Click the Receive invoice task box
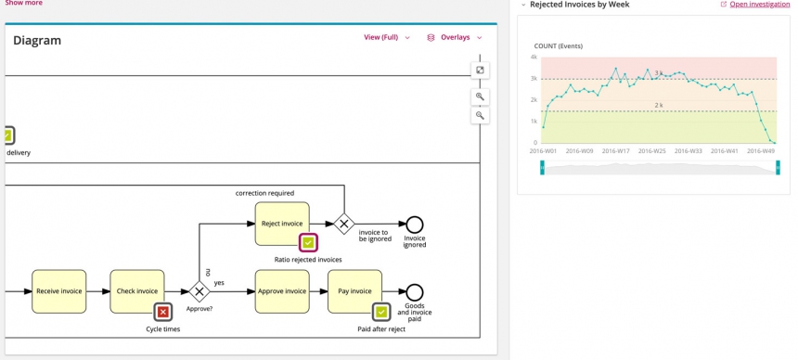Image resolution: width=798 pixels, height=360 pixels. pyautogui.click(x=59, y=291)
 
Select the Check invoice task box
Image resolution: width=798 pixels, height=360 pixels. pyautogui.click(x=137, y=291)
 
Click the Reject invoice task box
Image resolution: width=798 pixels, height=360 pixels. pyautogui.click(x=282, y=224)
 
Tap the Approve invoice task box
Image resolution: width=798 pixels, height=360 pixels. pyautogui.click(x=282, y=291)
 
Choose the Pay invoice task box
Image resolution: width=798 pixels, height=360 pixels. pyautogui.click(x=354, y=291)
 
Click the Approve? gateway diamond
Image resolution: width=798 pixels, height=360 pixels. pyautogui.click(x=199, y=291)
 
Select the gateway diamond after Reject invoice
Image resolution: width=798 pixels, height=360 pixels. pyautogui.click(x=344, y=224)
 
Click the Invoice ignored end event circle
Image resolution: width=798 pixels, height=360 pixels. pyautogui.click(x=415, y=224)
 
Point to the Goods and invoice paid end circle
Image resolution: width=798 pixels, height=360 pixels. pyautogui.click(x=415, y=292)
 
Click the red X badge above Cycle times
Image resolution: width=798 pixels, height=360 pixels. pyautogui.click(x=163, y=313)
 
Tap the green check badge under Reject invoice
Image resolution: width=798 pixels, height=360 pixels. pyautogui.click(x=308, y=243)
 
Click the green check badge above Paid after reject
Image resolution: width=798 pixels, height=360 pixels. pyautogui.click(x=380, y=313)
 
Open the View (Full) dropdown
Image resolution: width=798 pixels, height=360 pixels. pyautogui.click(x=386, y=38)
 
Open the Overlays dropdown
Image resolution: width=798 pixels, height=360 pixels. pyautogui.click(x=455, y=38)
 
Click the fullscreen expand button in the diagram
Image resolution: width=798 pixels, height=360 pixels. pyautogui.click(x=480, y=71)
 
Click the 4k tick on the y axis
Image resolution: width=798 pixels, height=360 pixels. pyautogui.click(x=534, y=58)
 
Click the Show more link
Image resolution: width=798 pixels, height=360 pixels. pyautogui.click(x=23, y=4)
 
